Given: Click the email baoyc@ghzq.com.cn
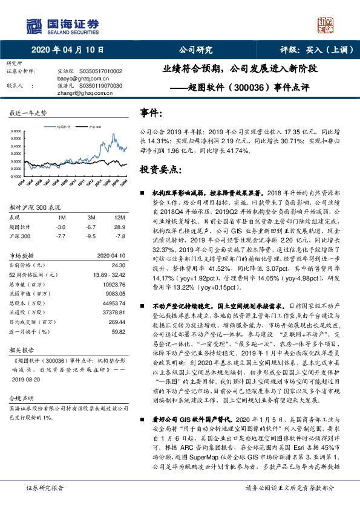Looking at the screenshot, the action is (79, 78).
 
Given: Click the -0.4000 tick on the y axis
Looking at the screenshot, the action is (18, 177).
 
